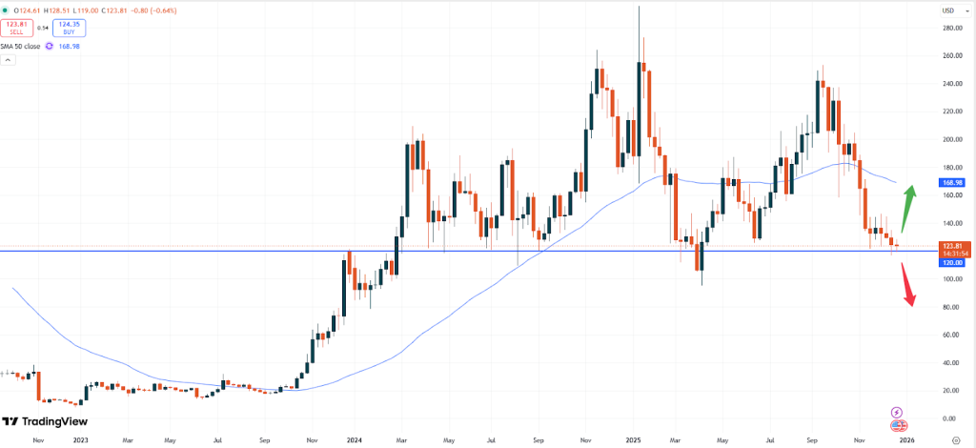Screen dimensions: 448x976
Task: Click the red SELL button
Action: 18,30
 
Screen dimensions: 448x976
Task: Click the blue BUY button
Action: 66,30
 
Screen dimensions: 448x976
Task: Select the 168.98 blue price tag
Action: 955,181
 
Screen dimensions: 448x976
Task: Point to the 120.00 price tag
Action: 955,263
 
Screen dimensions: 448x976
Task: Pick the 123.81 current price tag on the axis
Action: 955,246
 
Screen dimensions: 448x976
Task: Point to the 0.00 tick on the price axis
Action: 950,418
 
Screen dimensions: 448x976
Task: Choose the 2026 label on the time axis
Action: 907,439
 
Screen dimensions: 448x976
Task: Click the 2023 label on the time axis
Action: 80,439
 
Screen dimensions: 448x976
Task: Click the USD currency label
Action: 948,10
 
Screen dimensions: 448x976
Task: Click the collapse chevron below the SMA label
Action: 9,60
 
